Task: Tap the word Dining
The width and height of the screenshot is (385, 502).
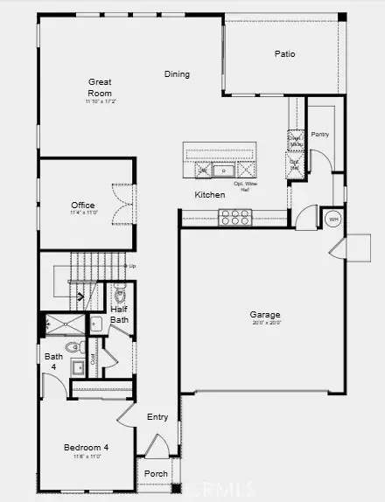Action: [177, 74]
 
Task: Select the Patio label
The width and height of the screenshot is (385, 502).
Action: [284, 54]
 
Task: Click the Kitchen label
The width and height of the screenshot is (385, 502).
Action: [210, 195]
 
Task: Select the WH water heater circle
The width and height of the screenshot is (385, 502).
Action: [332, 220]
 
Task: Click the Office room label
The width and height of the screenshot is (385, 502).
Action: [83, 206]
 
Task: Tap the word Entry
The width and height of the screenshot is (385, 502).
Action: [157, 417]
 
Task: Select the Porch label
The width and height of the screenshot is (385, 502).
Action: [155, 475]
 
